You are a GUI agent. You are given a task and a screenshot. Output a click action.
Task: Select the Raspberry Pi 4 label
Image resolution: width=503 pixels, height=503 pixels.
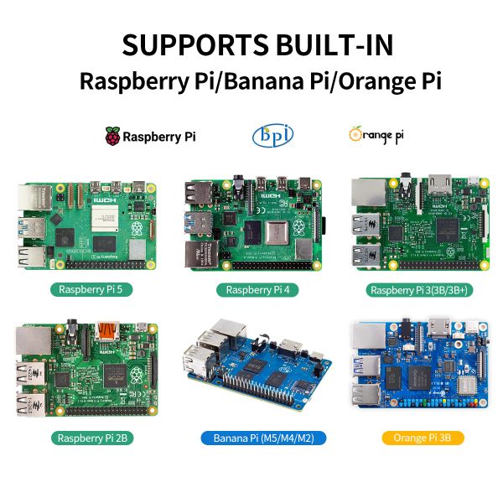[252, 290]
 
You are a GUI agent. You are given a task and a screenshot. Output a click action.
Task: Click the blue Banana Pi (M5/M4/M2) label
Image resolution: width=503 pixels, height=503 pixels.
[252, 438]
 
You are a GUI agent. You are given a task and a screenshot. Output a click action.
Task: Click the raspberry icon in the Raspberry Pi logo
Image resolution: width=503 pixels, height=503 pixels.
[111, 136]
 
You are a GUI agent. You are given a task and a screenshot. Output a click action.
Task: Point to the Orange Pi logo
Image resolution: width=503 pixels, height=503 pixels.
[376, 134]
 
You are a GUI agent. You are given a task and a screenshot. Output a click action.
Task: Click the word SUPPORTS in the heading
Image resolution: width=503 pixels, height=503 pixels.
[194, 44]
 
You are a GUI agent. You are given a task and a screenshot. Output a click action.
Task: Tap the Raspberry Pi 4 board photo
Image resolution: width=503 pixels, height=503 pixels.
[251, 224]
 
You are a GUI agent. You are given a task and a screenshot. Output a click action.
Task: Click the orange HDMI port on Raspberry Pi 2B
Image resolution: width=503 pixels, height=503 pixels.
[107, 329]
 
